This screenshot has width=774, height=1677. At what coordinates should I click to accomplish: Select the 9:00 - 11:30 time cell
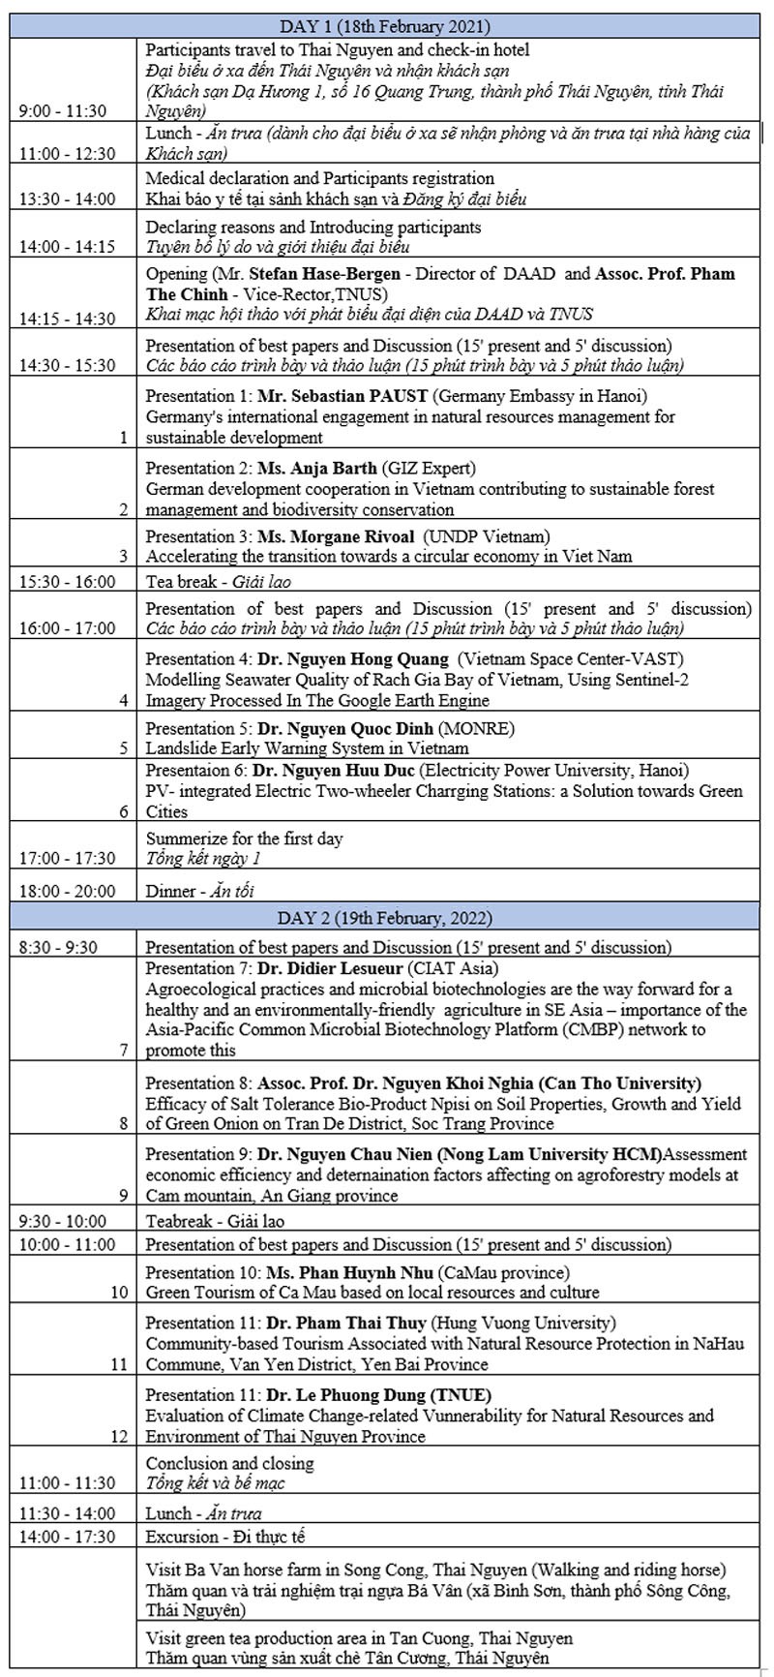[x=63, y=110]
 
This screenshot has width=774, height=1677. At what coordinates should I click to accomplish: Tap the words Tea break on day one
[x=180, y=582]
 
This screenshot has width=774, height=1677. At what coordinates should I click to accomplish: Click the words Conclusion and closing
[x=229, y=1463]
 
